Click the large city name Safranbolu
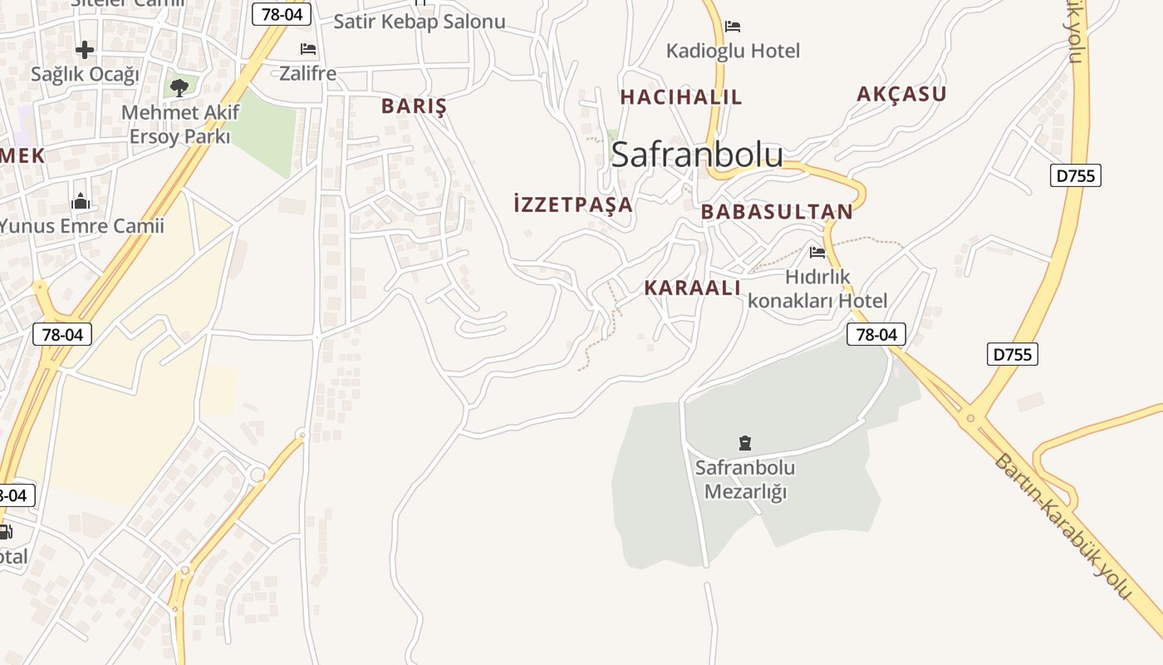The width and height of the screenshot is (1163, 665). click(x=697, y=155)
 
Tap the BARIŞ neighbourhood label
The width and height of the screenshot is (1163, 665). click(x=414, y=106)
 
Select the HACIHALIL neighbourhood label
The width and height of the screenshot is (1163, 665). click(x=681, y=97)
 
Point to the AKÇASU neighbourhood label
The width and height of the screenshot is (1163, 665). click(x=901, y=94)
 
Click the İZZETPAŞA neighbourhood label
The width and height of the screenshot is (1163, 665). click(x=573, y=204)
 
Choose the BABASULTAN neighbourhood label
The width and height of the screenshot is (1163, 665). click(x=777, y=212)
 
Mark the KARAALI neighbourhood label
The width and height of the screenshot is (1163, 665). click(x=692, y=288)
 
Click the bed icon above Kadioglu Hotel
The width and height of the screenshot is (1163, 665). click(x=732, y=27)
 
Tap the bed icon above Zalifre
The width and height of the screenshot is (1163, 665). click(x=308, y=49)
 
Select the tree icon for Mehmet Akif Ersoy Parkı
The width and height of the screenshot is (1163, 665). click(x=179, y=87)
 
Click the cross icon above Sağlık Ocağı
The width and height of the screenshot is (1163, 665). click(x=85, y=50)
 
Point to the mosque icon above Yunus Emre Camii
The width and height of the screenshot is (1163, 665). click(x=81, y=201)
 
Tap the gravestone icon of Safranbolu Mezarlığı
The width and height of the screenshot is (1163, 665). click(x=745, y=443)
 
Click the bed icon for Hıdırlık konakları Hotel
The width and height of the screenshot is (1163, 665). click(x=817, y=252)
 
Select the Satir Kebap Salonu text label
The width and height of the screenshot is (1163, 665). click(x=420, y=22)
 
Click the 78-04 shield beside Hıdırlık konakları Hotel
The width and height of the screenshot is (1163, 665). click(x=876, y=334)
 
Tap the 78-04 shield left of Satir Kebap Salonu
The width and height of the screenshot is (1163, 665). click(x=282, y=13)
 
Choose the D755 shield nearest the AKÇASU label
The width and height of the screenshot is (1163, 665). click(x=1076, y=175)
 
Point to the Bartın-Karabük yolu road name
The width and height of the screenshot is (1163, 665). click(x=1063, y=527)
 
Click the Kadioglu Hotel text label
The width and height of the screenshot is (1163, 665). click(x=733, y=51)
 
